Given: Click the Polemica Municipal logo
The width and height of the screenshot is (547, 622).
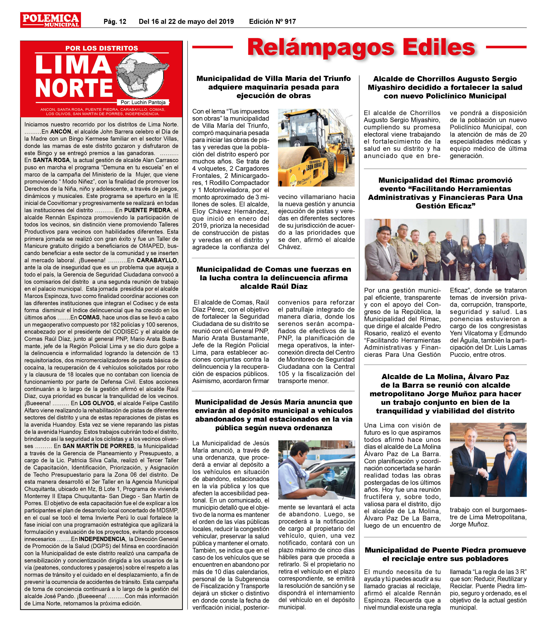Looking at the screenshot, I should coord(50,20).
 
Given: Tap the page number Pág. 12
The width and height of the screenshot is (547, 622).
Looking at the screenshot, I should coord(115,22).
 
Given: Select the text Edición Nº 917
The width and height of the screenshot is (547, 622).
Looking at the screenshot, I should coord(272,22).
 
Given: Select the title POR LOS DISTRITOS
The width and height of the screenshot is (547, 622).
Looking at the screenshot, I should coord(102,48).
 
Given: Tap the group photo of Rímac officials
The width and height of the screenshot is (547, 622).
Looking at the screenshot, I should coord(445,250).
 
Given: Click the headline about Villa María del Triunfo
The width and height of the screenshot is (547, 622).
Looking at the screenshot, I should coord(273,87).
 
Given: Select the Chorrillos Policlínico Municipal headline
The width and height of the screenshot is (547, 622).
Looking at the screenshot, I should coord(445,87).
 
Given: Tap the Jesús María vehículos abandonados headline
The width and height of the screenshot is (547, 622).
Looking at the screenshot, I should coord(273,415).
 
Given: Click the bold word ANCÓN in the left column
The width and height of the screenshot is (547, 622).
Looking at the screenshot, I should coord(61,132).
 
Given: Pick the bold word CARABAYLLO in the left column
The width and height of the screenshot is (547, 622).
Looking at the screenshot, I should coord(157,260).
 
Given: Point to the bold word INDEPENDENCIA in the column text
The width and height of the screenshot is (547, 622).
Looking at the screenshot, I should coord(102,539).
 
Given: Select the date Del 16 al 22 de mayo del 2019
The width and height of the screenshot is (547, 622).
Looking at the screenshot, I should coord(186,22).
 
